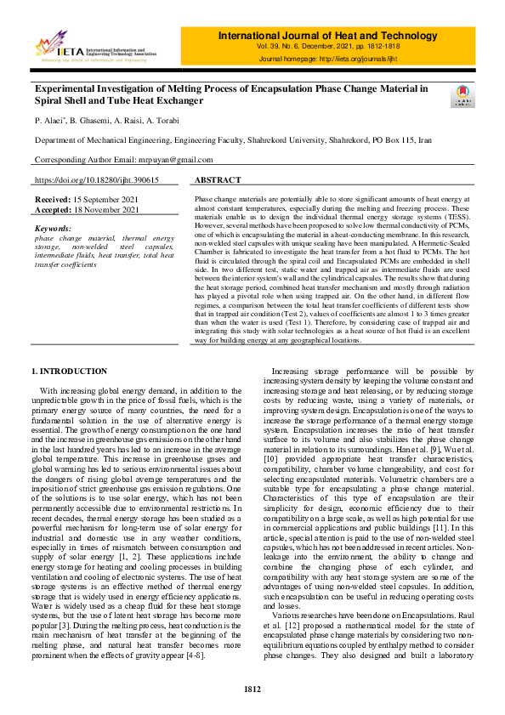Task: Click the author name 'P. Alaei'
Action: click(49, 121)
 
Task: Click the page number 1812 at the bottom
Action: click(252, 688)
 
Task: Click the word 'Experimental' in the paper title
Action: click(65, 88)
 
